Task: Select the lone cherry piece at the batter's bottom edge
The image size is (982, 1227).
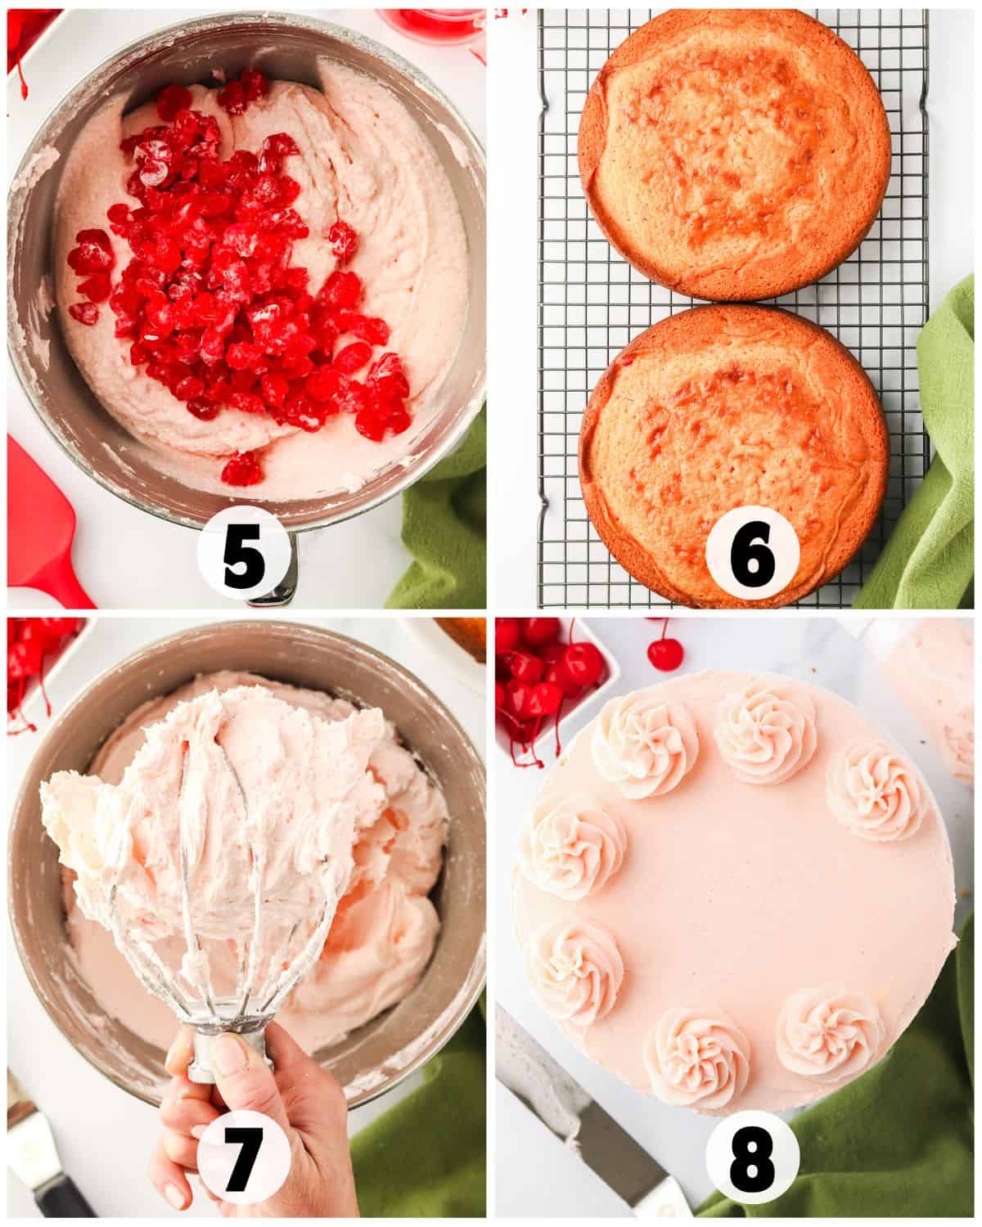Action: click(241, 469)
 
